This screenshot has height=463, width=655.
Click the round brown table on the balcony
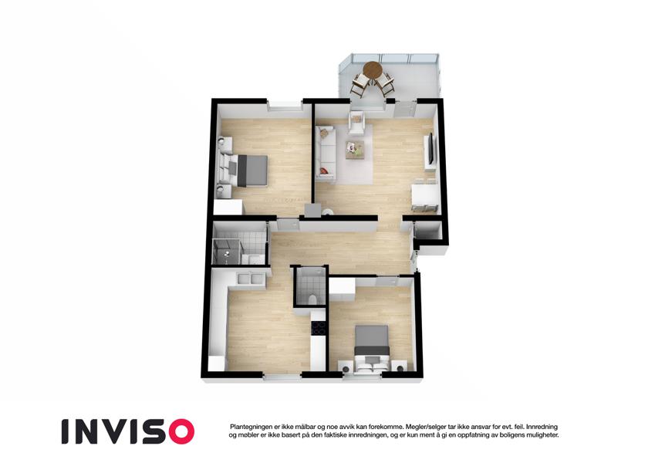pyautogui.click(x=372, y=69)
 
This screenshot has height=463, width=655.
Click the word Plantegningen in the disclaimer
pyautogui.click(x=251, y=427)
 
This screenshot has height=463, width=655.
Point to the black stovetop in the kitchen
pyautogui.click(x=319, y=328)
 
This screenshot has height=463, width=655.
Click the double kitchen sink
pyautogui.click(x=249, y=278)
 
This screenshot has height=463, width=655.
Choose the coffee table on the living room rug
pyautogui.click(x=355, y=150)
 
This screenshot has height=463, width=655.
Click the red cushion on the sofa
pyautogui.click(x=323, y=171)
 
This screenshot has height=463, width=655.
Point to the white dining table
pyautogui.click(x=425, y=194)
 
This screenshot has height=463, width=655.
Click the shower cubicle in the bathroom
pyautogui.click(x=226, y=252)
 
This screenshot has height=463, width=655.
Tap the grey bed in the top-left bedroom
pyautogui.click(x=245, y=170)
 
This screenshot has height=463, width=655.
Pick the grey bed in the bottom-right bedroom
pyautogui.click(x=372, y=348)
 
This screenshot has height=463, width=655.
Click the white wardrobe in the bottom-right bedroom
pyautogui.click(x=342, y=288)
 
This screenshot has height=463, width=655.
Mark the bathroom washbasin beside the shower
pyautogui.click(x=253, y=259)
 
